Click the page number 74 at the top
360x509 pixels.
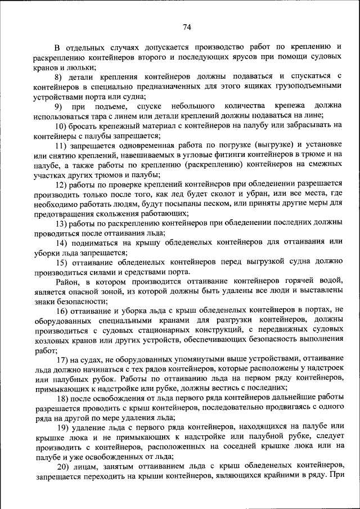pyautogui.click(x=187, y=27)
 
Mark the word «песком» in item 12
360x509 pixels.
pyautogui.click(x=205, y=203)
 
